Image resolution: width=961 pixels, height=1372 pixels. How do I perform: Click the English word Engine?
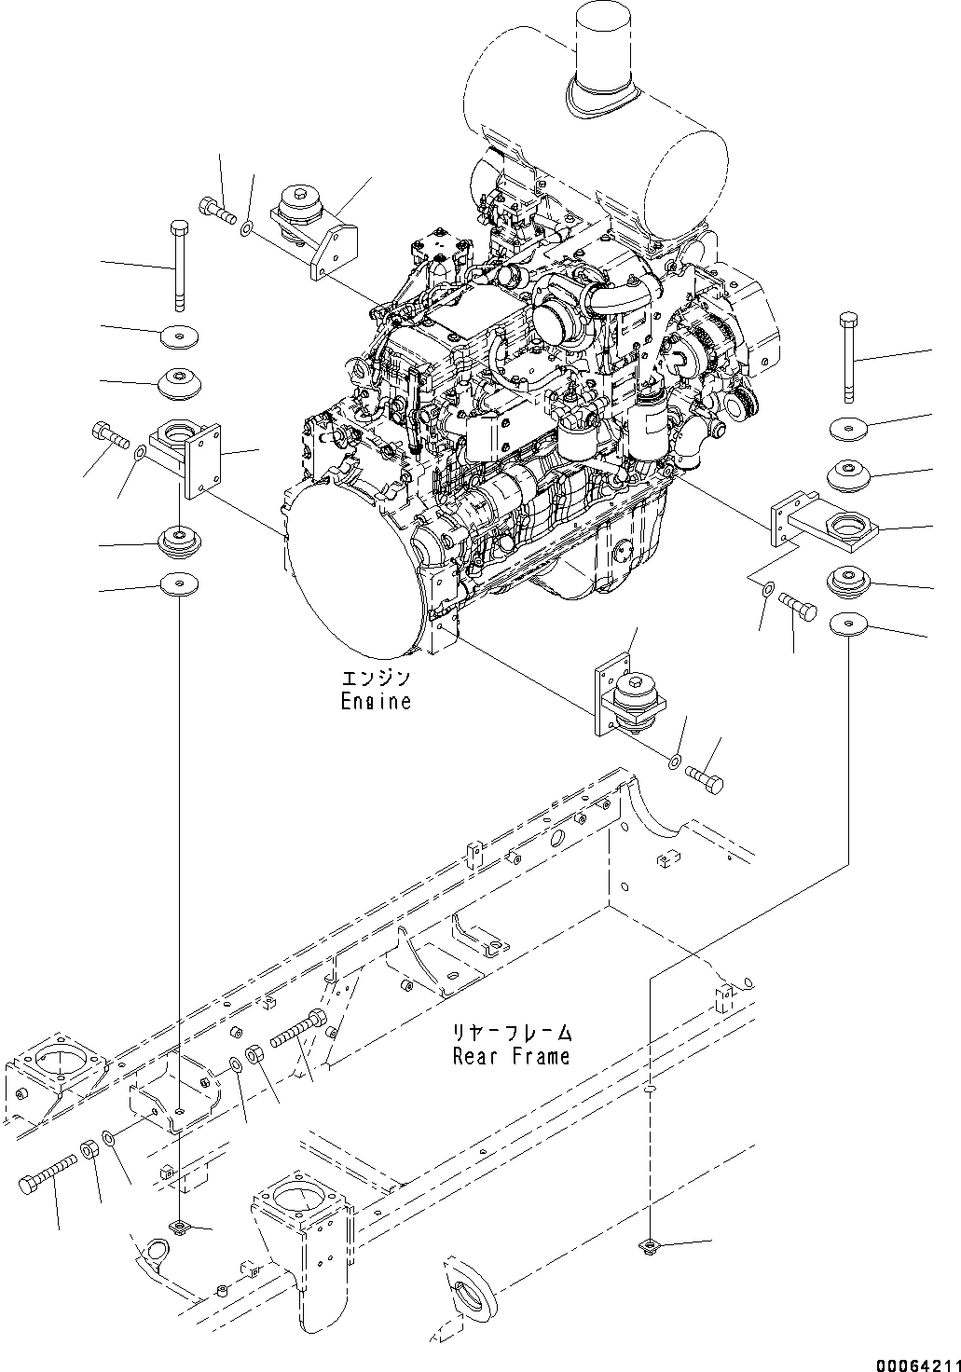pos(376,701)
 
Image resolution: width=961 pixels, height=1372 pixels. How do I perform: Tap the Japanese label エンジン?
pos(376,679)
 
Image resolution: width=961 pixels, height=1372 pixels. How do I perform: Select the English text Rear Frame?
pos(511,1056)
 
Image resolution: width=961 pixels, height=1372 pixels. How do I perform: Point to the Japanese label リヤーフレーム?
pos(511,1034)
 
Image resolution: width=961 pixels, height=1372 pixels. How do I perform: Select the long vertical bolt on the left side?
pos(180,265)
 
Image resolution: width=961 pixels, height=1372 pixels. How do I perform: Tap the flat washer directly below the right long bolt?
pos(849,428)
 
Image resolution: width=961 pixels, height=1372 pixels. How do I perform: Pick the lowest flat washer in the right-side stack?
pos(849,624)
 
